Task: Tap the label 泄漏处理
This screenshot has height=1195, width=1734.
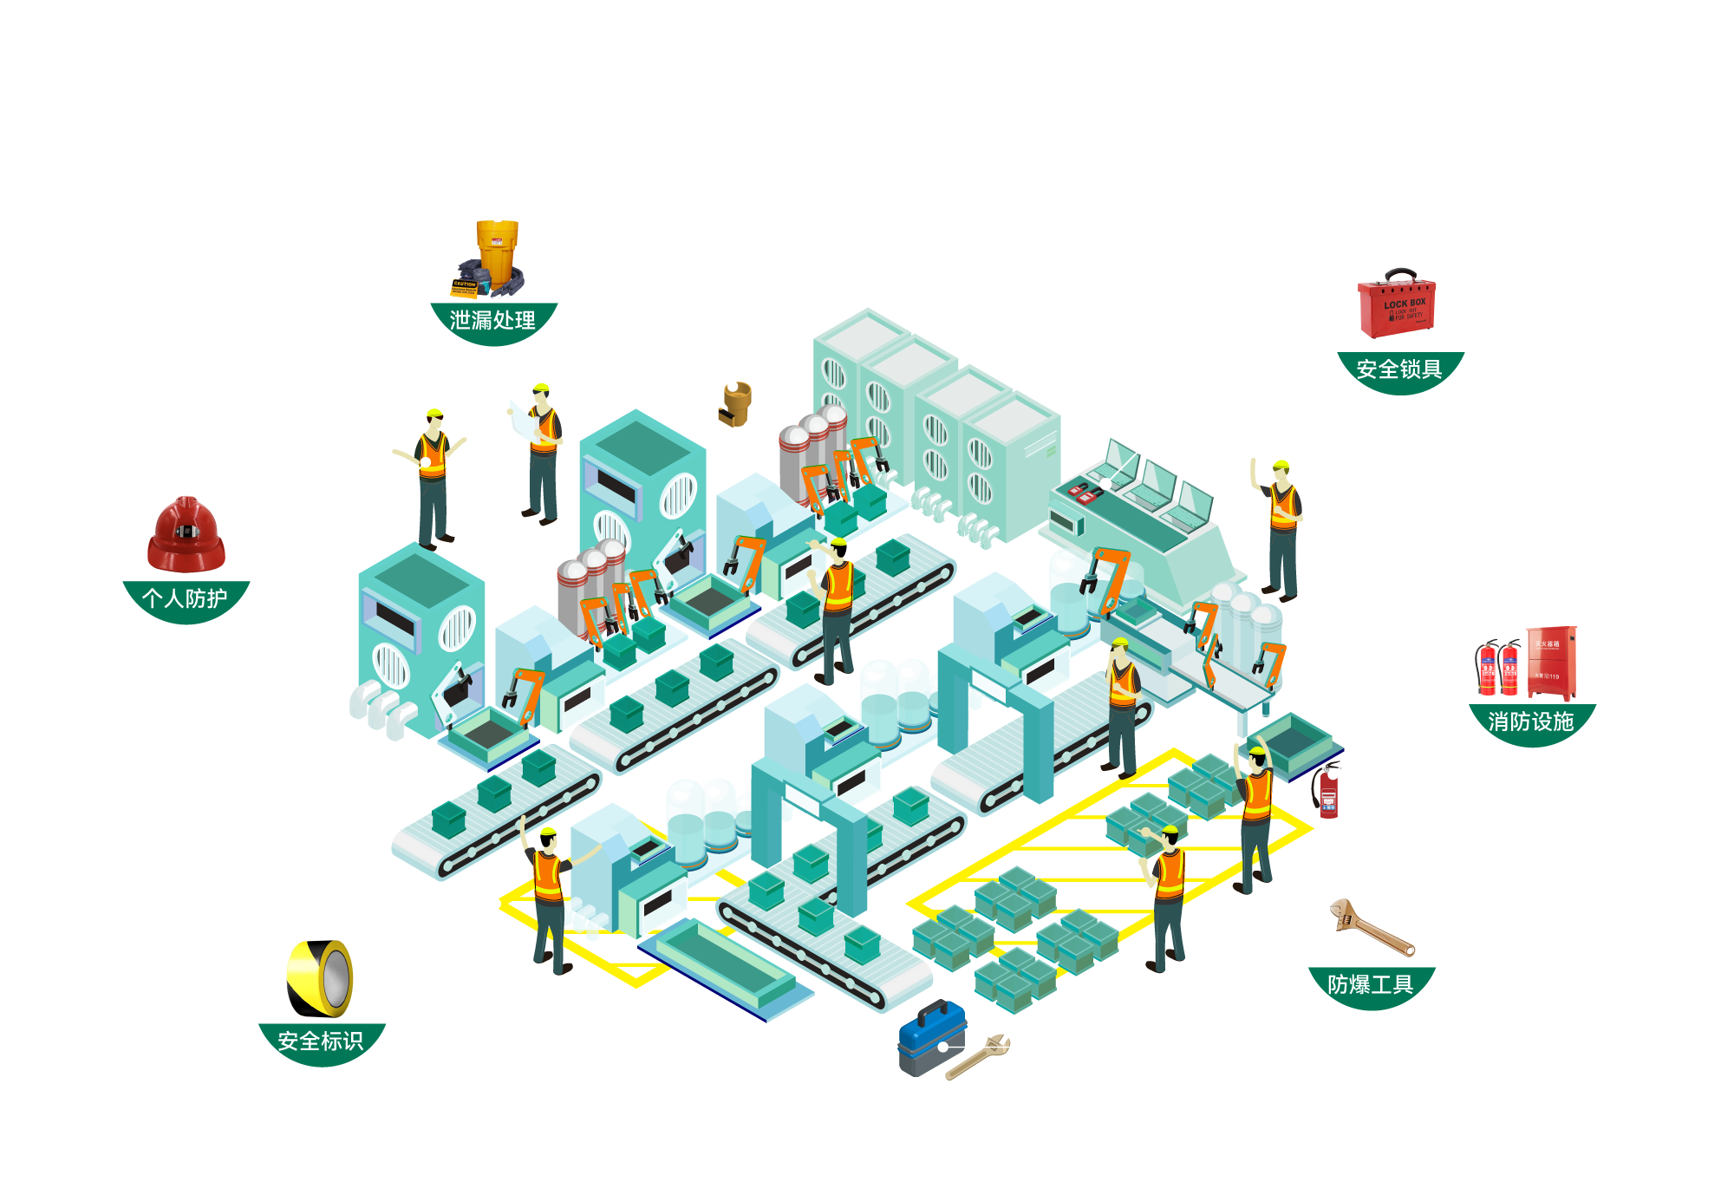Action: (492, 321)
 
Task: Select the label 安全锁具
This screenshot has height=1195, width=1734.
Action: (1399, 369)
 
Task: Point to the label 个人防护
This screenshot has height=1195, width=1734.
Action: (185, 598)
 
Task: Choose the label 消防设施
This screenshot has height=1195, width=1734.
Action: (1530, 722)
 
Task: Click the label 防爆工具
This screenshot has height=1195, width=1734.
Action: (1371, 984)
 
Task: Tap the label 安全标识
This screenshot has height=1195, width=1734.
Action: (321, 1041)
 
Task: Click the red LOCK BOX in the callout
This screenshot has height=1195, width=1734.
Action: (1397, 307)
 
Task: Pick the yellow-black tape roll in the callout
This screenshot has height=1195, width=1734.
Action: (320, 977)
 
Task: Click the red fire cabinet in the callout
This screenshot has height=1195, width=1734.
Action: (1550, 663)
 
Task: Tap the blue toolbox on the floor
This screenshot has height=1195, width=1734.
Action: (931, 1038)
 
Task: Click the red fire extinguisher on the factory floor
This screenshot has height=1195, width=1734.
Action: (1328, 793)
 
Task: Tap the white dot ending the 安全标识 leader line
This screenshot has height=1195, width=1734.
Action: (495, 904)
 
